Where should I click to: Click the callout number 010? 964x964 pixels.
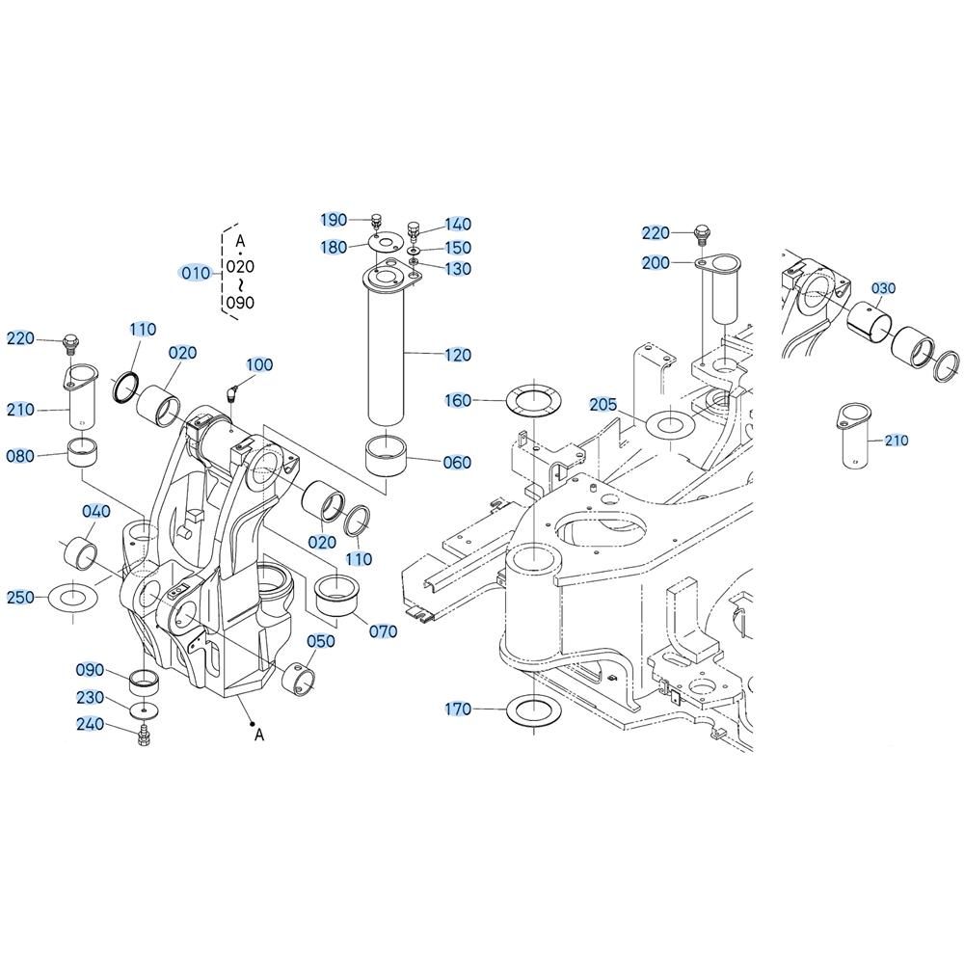196,273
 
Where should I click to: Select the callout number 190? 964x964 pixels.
334,220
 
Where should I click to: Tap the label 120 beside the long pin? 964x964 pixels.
458,355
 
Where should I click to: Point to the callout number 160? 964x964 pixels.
458,400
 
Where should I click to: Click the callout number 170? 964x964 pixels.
458,709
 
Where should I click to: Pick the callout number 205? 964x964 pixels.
603,405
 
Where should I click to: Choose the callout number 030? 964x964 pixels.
883,288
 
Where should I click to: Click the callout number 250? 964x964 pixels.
21,597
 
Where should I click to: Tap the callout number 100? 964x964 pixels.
259,364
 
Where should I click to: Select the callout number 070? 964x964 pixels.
383,631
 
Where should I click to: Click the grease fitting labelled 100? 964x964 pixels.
232,394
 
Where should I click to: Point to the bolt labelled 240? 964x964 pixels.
144,736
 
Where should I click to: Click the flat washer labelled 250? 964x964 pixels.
73,597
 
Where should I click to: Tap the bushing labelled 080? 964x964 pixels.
83,452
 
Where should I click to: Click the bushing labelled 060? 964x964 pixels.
386,455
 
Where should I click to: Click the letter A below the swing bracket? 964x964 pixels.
258,734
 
